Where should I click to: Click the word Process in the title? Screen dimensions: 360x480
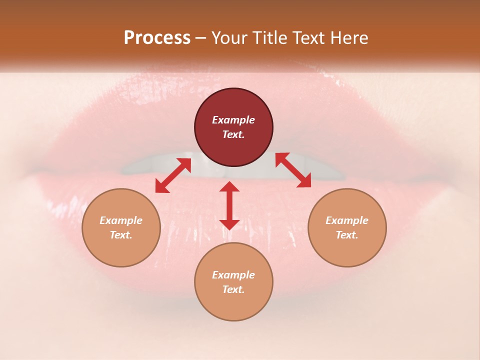click(x=157, y=38)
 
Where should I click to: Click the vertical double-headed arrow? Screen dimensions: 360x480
click(x=229, y=205)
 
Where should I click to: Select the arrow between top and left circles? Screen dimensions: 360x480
click(x=173, y=175)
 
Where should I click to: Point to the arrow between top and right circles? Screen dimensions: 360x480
click(x=293, y=170)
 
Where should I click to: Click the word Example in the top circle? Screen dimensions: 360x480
click(x=233, y=120)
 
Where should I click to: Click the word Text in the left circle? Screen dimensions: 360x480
click(x=121, y=235)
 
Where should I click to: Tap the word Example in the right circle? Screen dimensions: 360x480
click(x=347, y=220)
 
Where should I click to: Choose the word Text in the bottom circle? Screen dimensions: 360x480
click(x=233, y=289)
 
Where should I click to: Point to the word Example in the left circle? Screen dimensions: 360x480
click(x=121, y=220)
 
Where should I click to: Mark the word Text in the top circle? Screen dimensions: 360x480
click(x=233, y=134)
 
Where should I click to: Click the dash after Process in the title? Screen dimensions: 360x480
click(x=201, y=38)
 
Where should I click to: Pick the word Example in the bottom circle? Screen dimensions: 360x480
click(x=233, y=275)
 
